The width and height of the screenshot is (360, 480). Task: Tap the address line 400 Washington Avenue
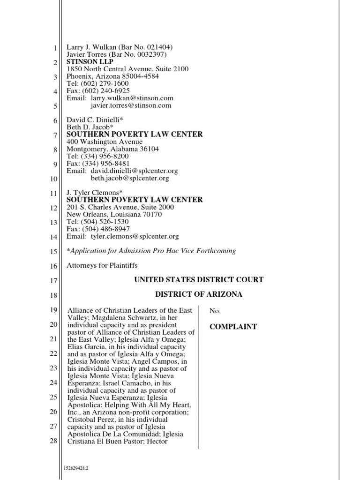pos(105,142)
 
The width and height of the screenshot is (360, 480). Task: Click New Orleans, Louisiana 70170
pos(114,214)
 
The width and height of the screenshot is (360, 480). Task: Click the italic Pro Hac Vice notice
pos(151,251)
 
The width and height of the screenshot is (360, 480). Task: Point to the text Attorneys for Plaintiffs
pos(102,265)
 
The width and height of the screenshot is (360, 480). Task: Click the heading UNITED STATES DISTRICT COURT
pos(199,280)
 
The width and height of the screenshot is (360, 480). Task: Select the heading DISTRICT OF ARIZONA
pos(199,294)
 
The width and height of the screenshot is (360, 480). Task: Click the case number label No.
pos(214,310)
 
